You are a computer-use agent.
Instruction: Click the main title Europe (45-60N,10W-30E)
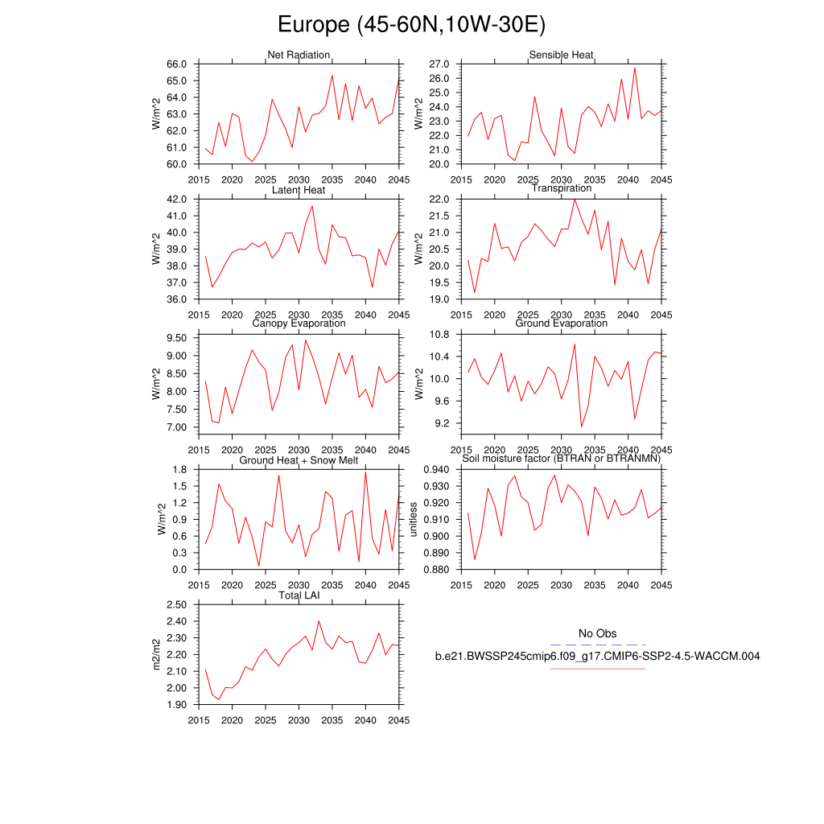[x=411, y=25]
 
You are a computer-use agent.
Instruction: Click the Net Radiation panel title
[x=299, y=55]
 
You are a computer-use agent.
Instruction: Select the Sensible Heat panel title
[x=561, y=55]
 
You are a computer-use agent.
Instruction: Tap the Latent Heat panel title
[x=299, y=190]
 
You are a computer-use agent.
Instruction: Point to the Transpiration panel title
[x=561, y=188]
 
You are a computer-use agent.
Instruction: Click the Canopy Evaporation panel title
[x=299, y=323]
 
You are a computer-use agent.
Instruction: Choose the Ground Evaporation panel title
[x=561, y=323]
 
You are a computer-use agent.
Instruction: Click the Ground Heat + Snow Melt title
[x=299, y=459]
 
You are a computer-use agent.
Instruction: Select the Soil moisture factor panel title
[x=561, y=459]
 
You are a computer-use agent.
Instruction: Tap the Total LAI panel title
[x=299, y=595]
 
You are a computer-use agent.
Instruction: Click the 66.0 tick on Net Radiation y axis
[x=178, y=64]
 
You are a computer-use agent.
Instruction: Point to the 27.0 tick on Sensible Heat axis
[x=439, y=64]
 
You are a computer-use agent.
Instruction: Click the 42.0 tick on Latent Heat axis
[x=178, y=199]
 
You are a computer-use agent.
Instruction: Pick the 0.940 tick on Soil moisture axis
[x=435, y=470]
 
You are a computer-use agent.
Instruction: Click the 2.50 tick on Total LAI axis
[x=176, y=604]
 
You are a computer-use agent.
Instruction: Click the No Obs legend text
[x=598, y=634]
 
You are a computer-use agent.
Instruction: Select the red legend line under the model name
[x=598, y=668]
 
